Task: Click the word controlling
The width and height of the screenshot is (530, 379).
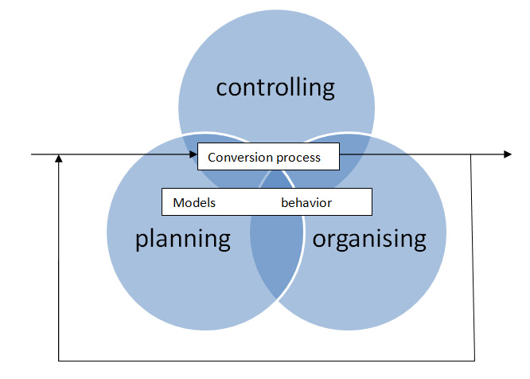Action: point(275,88)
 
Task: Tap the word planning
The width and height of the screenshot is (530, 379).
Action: point(183,240)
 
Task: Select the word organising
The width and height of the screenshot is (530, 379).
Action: point(369,240)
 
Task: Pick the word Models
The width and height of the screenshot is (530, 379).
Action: point(194,202)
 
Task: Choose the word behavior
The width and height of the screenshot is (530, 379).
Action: point(306,202)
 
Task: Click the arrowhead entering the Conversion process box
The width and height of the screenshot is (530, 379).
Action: point(193,154)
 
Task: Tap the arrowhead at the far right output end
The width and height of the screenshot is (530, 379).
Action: point(508,154)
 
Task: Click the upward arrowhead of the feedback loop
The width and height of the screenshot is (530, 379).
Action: point(59,158)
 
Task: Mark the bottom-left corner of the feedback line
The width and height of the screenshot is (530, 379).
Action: point(59,361)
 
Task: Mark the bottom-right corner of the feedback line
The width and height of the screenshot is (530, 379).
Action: point(474,361)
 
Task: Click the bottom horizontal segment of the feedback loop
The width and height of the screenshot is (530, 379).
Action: point(267,361)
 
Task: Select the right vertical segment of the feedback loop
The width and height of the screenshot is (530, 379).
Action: point(473,258)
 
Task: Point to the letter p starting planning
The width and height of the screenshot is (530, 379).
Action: point(142,241)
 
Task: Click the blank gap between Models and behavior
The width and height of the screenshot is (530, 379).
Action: point(248,202)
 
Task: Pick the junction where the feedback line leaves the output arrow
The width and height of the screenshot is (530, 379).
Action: point(470,154)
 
